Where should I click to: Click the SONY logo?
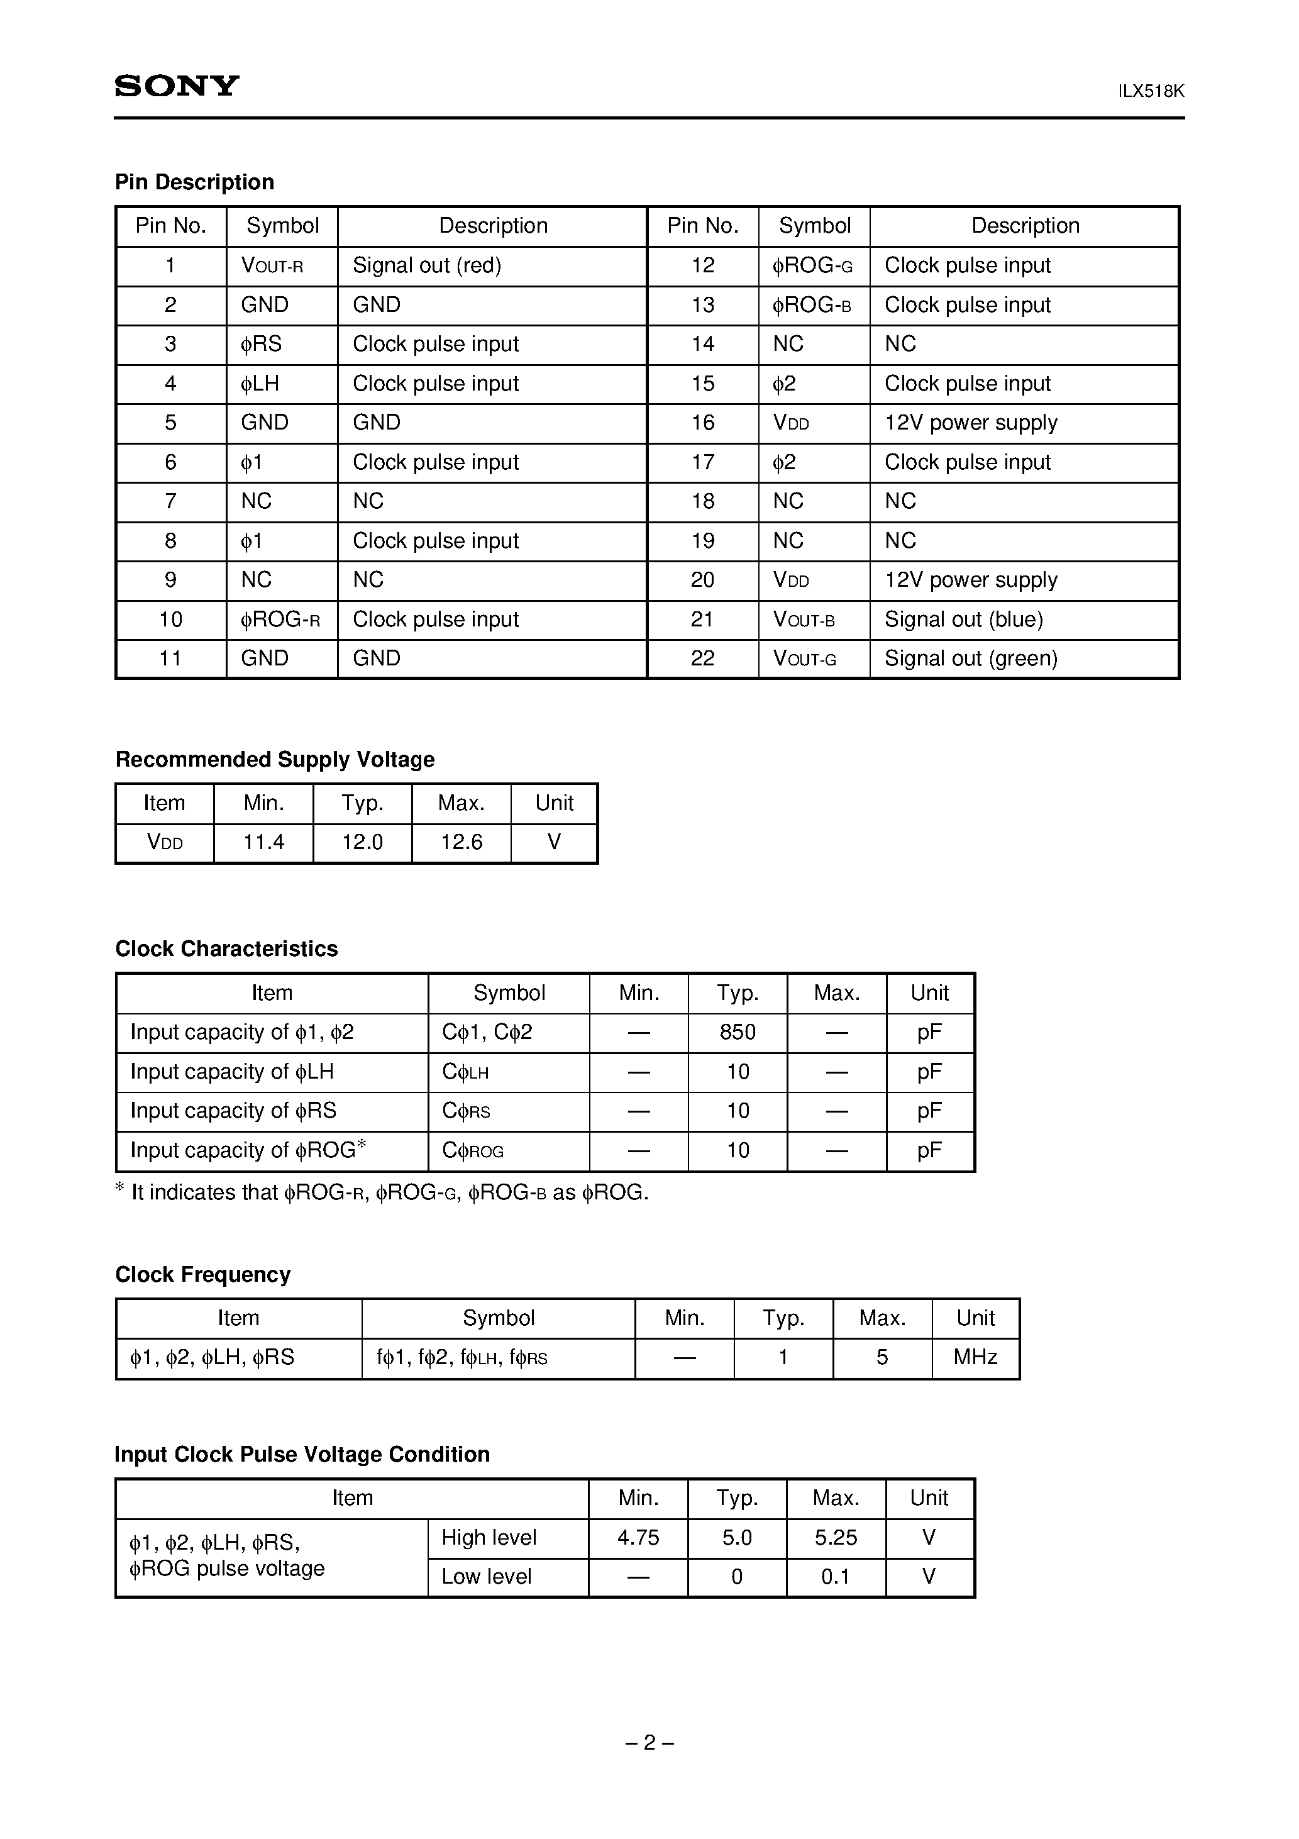tap(177, 86)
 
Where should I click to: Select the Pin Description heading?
tap(195, 182)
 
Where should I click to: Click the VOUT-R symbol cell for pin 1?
tap(272, 266)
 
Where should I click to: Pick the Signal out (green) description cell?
tap(971, 658)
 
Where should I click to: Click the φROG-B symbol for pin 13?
tap(811, 305)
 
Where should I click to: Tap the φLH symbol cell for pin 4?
tap(260, 384)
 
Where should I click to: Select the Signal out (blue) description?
tap(963, 619)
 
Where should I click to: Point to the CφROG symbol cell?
tap(473, 1151)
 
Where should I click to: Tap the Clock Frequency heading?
tap(202, 1275)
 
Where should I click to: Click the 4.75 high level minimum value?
tap(638, 1538)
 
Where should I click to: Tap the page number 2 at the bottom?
tap(649, 1743)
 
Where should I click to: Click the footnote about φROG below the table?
tap(383, 1192)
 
